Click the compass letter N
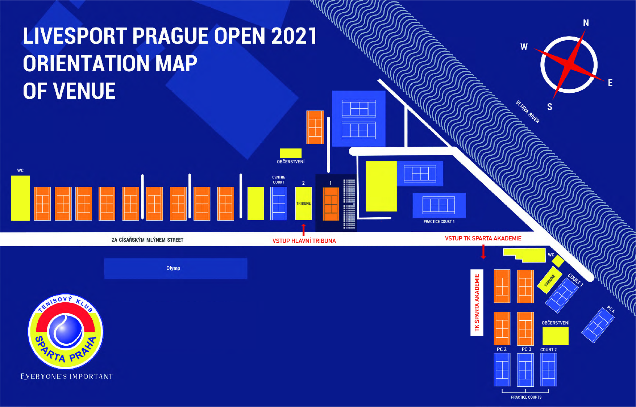[586, 23]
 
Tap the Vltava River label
[528, 112]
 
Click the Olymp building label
[173, 268]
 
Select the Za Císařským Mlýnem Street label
[147, 240]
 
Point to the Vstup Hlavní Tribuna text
[304, 241]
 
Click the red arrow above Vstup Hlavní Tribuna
[303, 230]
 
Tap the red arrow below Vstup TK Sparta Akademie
[483, 252]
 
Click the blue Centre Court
[279, 204]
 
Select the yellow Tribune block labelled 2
[303, 204]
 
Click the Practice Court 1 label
[439, 222]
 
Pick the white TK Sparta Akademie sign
[477, 303]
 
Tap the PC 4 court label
[611, 309]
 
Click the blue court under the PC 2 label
[502, 370]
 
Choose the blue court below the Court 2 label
[548, 370]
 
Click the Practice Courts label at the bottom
[526, 397]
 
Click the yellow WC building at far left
[20, 198]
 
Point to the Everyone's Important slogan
[67, 377]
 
